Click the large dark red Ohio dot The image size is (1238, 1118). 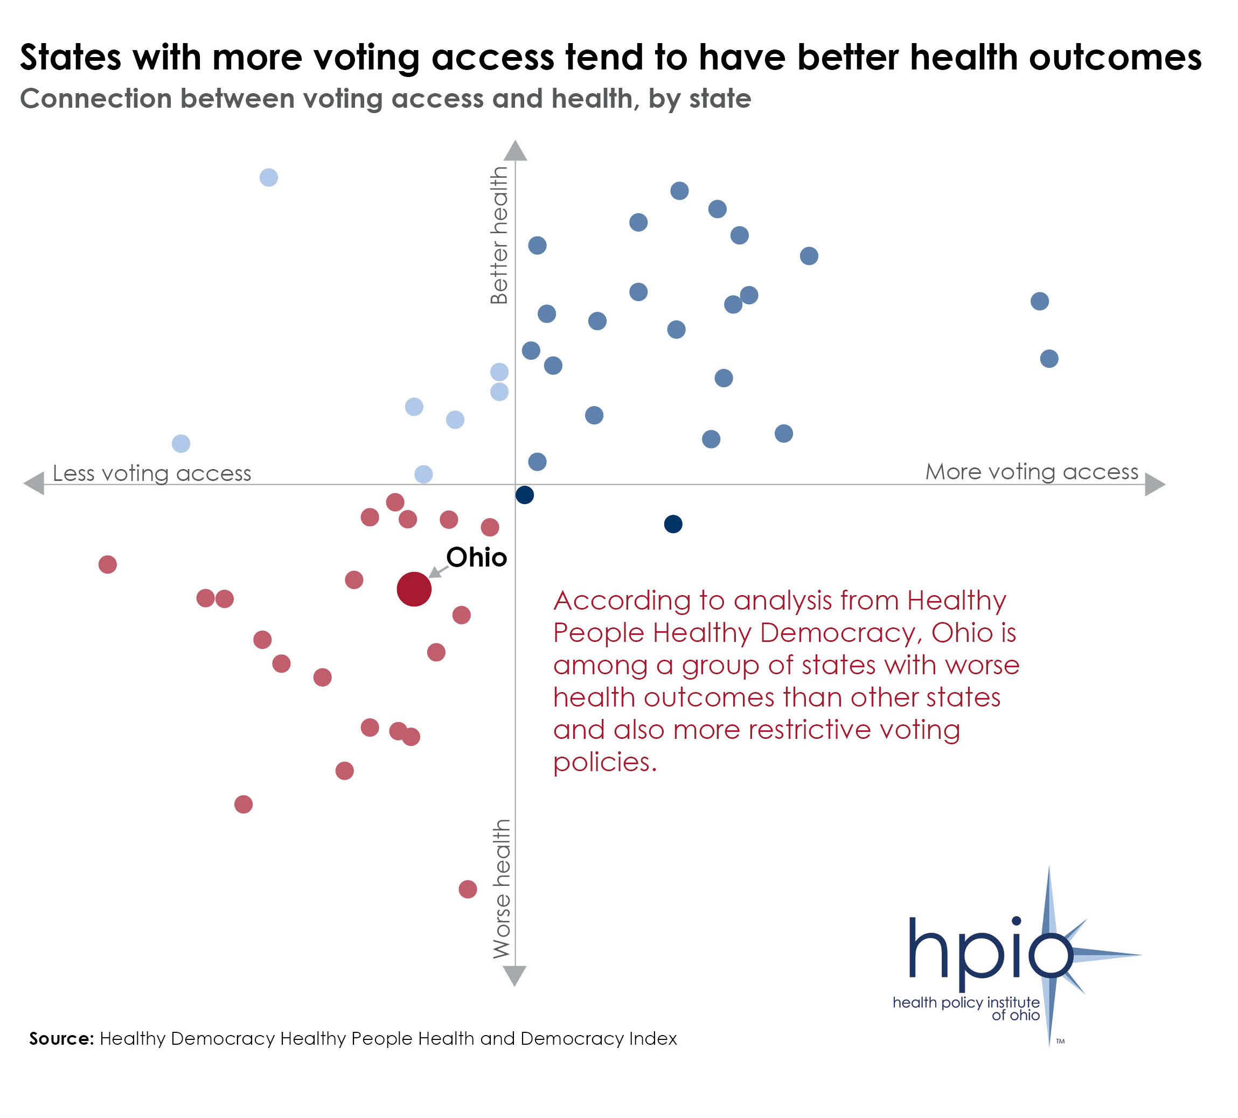414,589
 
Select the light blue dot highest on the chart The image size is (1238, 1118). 268,177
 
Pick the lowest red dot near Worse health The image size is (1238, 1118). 467,889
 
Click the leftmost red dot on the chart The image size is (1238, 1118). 107,564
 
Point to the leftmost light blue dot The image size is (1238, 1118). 180,443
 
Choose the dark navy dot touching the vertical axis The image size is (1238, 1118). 524,495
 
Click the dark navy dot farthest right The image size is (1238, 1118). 673,523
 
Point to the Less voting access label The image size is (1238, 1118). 152,473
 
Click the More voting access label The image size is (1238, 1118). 1032,472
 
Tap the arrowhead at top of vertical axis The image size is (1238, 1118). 515,150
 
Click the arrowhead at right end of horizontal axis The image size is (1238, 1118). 1154,484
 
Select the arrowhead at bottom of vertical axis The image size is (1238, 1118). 514,975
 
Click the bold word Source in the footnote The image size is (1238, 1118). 61,1038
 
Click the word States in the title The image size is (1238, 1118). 71,57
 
